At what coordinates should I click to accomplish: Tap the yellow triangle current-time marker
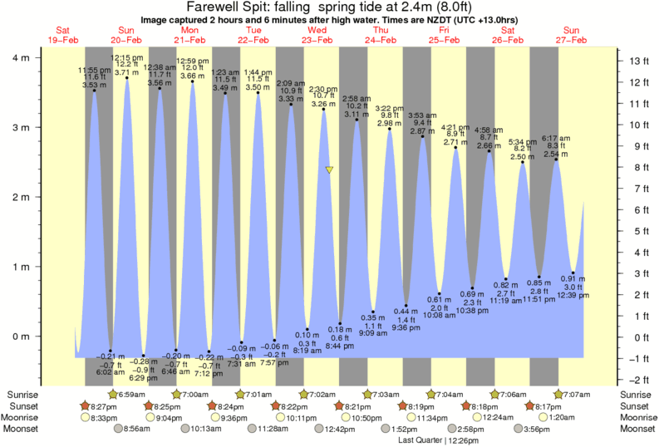(x=330, y=169)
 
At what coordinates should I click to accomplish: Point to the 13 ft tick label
(x=637, y=61)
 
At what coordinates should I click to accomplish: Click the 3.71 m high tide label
(x=125, y=72)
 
